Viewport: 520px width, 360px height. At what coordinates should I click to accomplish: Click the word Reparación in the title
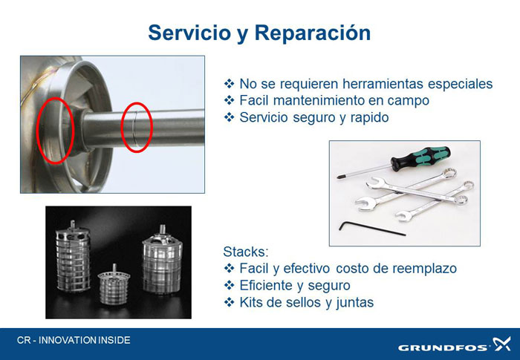click(313, 33)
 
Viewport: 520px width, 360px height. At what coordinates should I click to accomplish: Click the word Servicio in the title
click(189, 33)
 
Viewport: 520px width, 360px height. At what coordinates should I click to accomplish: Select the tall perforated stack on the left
click(73, 257)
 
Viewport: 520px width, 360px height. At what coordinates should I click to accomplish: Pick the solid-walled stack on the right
click(163, 261)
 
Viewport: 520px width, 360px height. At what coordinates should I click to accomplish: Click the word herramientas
click(383, 84)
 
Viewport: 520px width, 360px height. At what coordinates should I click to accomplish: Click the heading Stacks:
click(246, 252)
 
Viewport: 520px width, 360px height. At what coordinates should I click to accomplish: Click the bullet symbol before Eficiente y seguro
click(229, 286)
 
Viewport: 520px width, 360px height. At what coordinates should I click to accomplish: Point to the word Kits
click(251, 302)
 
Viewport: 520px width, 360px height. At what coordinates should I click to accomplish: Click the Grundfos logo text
click(443, 347)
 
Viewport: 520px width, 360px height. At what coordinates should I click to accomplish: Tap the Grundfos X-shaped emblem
click(501, 344)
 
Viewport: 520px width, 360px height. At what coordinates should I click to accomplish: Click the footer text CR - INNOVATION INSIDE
click(74, 340)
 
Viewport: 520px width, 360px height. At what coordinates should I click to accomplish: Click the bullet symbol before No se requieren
click(229, 83)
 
